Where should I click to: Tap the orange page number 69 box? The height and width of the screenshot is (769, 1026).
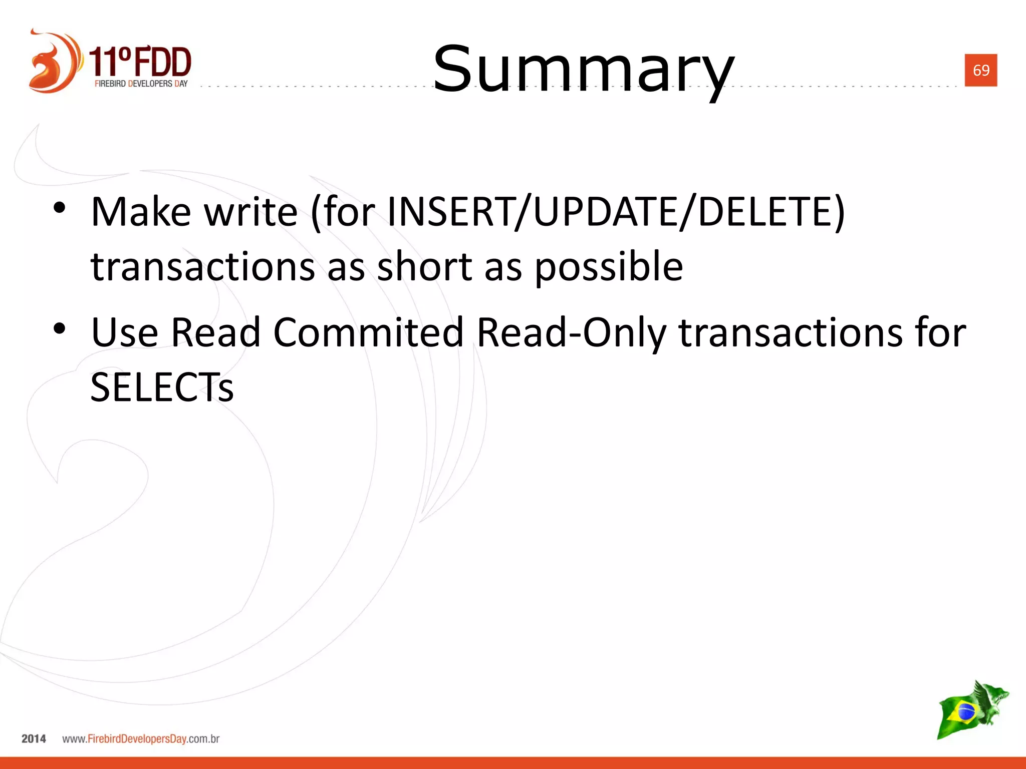(x=980, y=70)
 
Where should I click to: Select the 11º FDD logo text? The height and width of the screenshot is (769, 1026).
(x=141, y=61)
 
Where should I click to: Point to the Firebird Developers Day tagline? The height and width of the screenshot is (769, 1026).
(x=141, y=84)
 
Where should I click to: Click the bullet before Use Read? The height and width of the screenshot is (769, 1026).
(x=60, y=329)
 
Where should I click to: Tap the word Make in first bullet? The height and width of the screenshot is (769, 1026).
(x=141, y=212)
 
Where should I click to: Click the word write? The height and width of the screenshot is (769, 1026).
(x=251, y=212)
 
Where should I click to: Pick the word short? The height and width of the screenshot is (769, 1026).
(x=424, y=266)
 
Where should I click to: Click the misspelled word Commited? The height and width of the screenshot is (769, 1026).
(x=368, y=332)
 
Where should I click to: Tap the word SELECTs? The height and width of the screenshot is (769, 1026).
(x=162, y=388)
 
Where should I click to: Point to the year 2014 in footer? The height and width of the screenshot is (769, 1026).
(x=34, y=738)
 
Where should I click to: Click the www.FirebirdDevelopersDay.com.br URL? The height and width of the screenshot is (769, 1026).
(x=141, y=738)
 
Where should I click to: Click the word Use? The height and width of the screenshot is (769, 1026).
(x=125, y=332)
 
